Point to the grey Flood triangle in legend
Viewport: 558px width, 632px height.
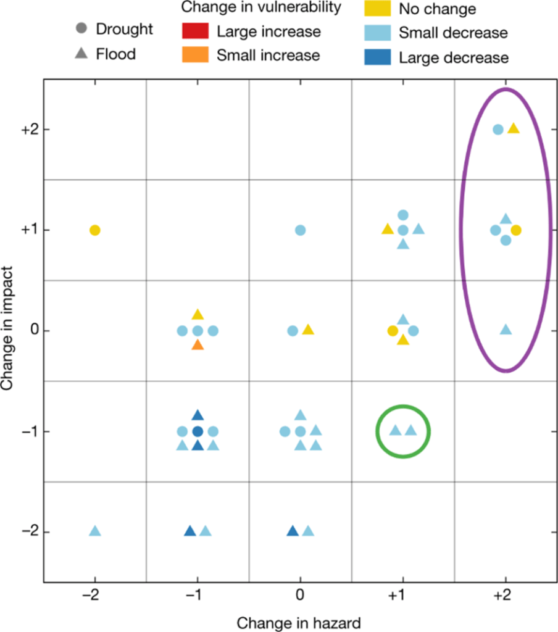81,54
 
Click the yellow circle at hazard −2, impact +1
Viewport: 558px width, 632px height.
94,230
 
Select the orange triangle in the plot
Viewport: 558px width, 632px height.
198,345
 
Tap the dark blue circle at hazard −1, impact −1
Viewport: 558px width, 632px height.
198,431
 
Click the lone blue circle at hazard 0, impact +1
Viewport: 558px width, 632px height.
300,230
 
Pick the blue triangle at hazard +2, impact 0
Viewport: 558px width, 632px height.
506,330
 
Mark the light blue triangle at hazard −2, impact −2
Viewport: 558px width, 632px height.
94,531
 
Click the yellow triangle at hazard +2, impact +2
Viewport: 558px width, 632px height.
514,128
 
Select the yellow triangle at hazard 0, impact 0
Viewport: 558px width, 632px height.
308,330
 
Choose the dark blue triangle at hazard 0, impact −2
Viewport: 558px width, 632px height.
293,531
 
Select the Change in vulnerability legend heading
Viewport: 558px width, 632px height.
261,8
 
